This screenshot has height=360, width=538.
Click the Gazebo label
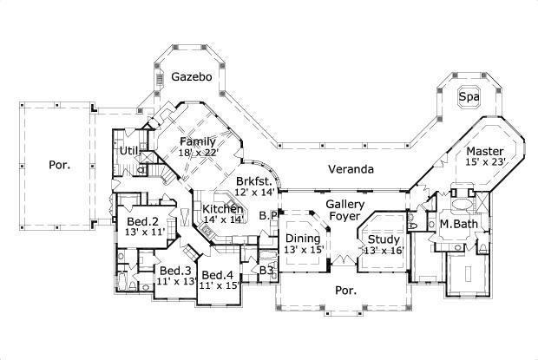(191, 76)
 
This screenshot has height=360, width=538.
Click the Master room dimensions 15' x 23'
(482, 161)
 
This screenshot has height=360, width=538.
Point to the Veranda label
(351, 168)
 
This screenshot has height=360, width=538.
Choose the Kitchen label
(221, 209)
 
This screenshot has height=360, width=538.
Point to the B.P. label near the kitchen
(268, 215)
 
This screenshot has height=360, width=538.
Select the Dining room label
(303, 239)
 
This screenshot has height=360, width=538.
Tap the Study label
(383, 239)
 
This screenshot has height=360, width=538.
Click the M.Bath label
(456, 224)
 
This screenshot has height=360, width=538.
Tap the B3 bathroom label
(268, 272)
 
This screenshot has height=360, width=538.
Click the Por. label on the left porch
(58, 163)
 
